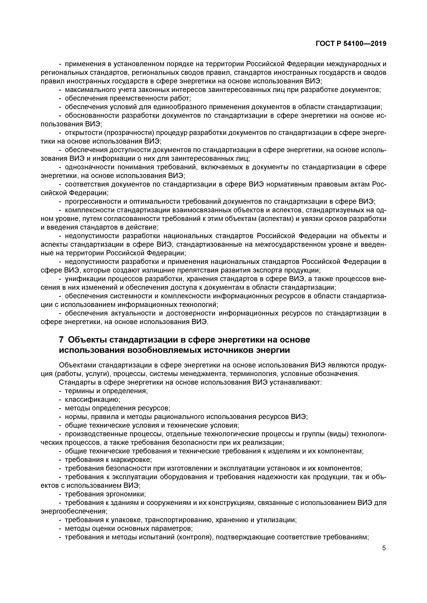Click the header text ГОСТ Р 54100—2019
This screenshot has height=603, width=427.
[x=351, y=44]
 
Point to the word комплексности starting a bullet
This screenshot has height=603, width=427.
[x=89, y=210]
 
